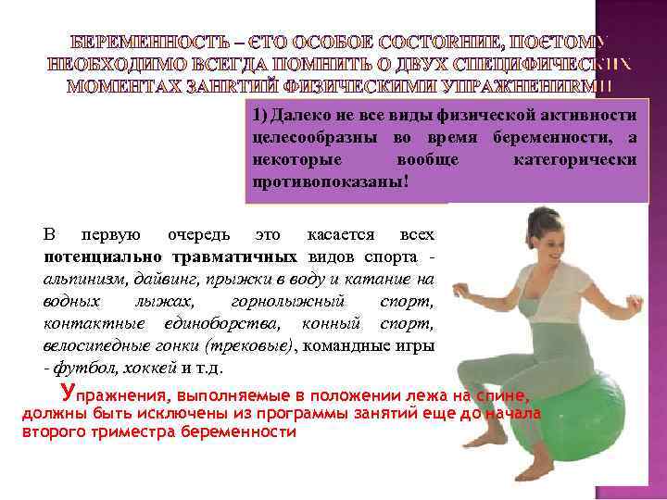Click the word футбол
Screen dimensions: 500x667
[x=77, y=368]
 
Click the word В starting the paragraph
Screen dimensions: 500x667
[x=51, y=233]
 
